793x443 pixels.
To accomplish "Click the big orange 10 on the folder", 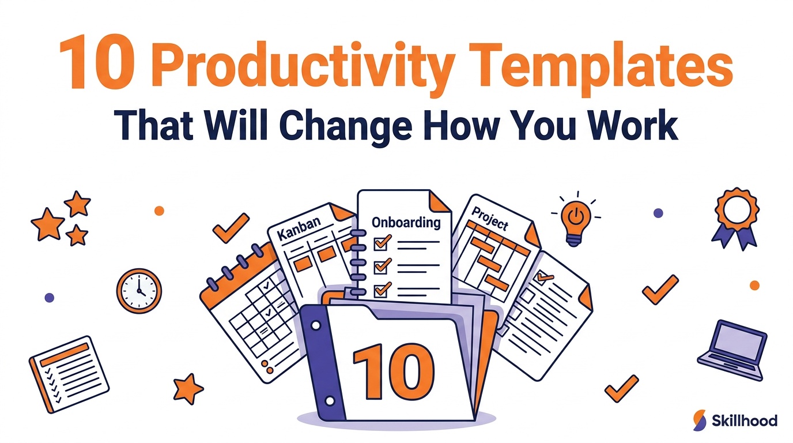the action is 393,371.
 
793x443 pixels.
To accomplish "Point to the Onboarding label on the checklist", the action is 406,223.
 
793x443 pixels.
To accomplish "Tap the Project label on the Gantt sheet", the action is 490,219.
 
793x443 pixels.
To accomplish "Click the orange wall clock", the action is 139,291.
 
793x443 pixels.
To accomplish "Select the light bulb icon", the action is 576,220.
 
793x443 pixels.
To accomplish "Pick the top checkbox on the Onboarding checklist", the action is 382,243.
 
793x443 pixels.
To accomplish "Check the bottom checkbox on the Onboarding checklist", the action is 382,290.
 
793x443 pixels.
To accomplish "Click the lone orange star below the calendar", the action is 188,389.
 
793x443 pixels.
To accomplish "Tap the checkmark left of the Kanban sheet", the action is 231,228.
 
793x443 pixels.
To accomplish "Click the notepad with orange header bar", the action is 69,374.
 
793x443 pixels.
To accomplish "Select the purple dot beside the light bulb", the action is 658,213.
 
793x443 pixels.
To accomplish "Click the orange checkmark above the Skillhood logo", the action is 622,388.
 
